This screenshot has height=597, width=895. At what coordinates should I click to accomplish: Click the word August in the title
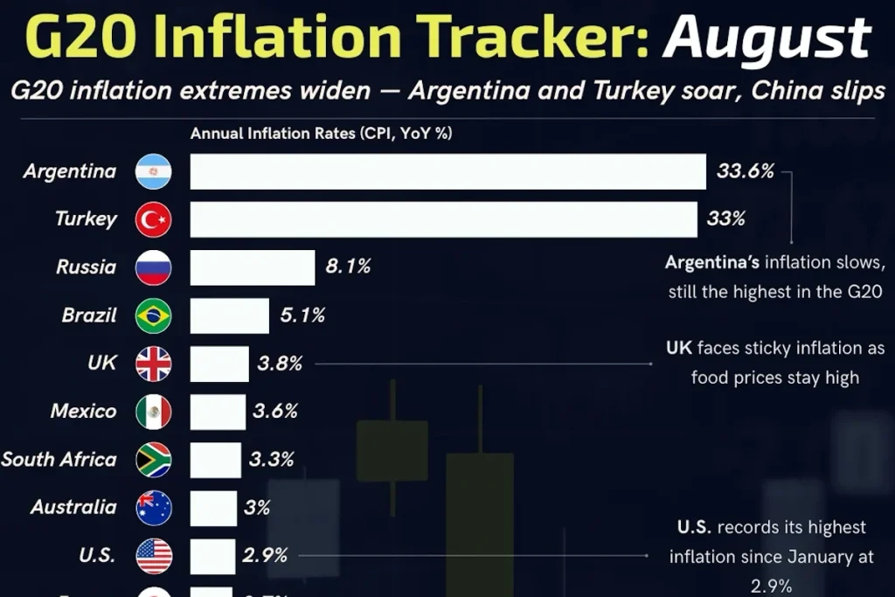767,38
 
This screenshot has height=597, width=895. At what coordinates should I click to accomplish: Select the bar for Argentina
447,171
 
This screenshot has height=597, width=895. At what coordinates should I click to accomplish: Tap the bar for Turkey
443,219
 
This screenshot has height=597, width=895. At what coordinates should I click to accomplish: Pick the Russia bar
253,267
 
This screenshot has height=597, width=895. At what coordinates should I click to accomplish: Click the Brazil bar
229,316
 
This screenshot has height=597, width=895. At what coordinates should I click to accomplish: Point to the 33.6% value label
746,171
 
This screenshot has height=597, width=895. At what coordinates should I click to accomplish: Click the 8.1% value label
348,267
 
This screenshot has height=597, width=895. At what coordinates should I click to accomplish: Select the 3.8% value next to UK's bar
280,364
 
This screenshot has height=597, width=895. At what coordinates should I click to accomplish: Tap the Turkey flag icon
154,219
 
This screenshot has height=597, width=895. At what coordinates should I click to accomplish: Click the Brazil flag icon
154,316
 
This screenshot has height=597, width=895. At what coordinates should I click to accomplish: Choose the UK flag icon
154,364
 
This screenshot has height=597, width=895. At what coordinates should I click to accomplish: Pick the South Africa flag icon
154,460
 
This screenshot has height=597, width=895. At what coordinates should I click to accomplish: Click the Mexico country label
83,411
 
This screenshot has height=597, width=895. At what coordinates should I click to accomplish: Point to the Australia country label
73,507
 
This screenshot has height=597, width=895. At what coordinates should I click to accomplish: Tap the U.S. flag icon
154,556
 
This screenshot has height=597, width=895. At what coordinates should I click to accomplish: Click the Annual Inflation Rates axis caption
321,134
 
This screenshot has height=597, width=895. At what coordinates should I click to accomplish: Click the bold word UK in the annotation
679,348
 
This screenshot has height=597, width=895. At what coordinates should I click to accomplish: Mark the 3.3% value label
270,459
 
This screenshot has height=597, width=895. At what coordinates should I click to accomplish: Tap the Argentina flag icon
154,171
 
